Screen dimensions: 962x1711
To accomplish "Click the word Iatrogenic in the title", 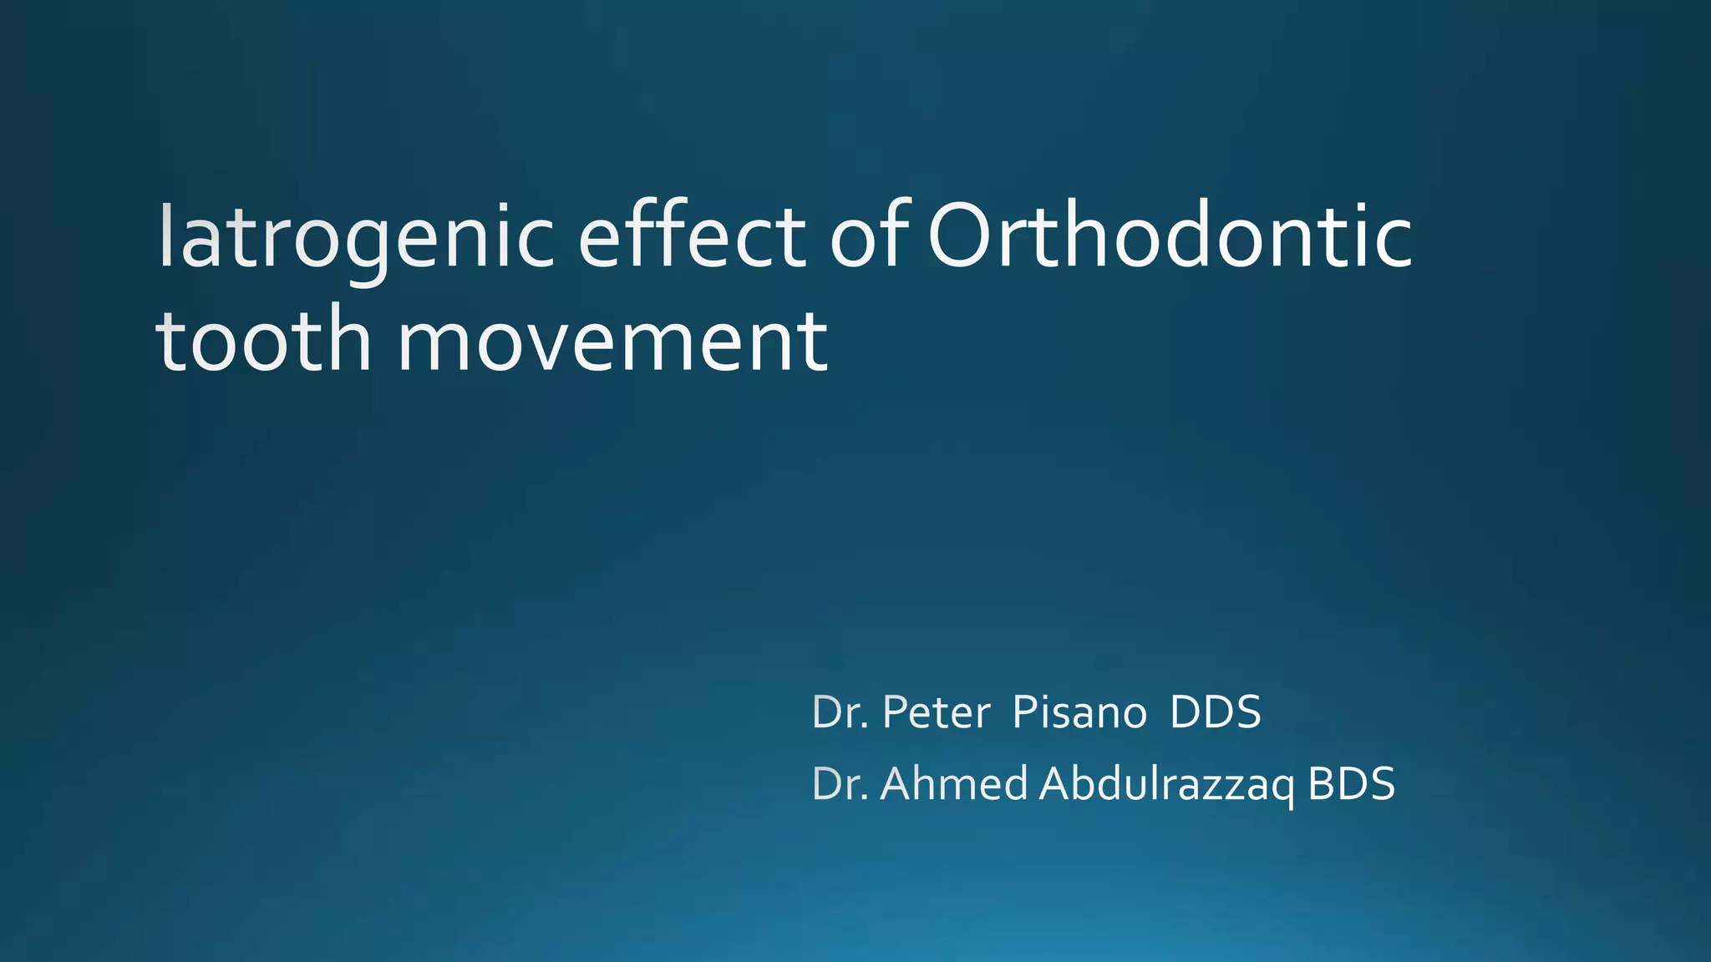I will pyautogui.click(x=356, y=237).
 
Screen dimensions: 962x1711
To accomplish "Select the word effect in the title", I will pyautogui.click(x=692, y=237).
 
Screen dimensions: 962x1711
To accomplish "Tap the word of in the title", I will pyautogui.click(x=869, y=237).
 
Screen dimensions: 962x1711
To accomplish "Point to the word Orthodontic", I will pyautogui.click(x=1170, y=237).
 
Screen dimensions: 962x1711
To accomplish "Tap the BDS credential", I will pyautogui.click(x=1351, y=784).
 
